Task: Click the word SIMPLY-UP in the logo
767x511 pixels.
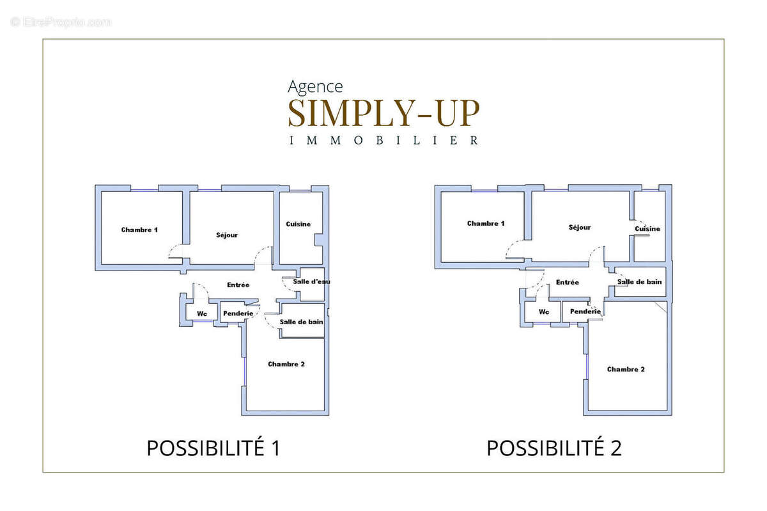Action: point(383,113)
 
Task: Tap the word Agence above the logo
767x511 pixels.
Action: point(315,86)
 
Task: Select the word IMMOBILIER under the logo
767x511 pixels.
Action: point(383,140)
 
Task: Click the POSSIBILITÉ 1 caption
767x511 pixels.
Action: point(213,448)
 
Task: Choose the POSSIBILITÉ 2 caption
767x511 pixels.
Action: point(554,448)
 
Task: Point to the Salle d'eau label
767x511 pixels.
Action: point(311,281)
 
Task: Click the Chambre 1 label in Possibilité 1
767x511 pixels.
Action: point(139,230)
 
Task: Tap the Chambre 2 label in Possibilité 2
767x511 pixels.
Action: point(626,369)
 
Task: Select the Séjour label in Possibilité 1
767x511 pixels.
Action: point(227,235)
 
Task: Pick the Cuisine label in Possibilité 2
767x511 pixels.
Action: point(647,228)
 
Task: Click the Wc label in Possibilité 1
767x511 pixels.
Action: point(202,313)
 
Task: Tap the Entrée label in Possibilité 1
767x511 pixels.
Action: point(238,285)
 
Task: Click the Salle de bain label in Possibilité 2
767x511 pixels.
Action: point(639,281)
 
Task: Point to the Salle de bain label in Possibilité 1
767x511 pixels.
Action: point(302,322)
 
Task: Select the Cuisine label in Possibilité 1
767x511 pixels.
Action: point(298,224)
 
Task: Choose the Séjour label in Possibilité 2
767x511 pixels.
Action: point(580,227)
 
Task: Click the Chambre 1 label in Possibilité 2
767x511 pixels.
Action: point(486,223)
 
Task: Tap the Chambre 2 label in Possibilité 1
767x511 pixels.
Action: point(286,364)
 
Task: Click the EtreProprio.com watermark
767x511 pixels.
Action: point(61,22)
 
